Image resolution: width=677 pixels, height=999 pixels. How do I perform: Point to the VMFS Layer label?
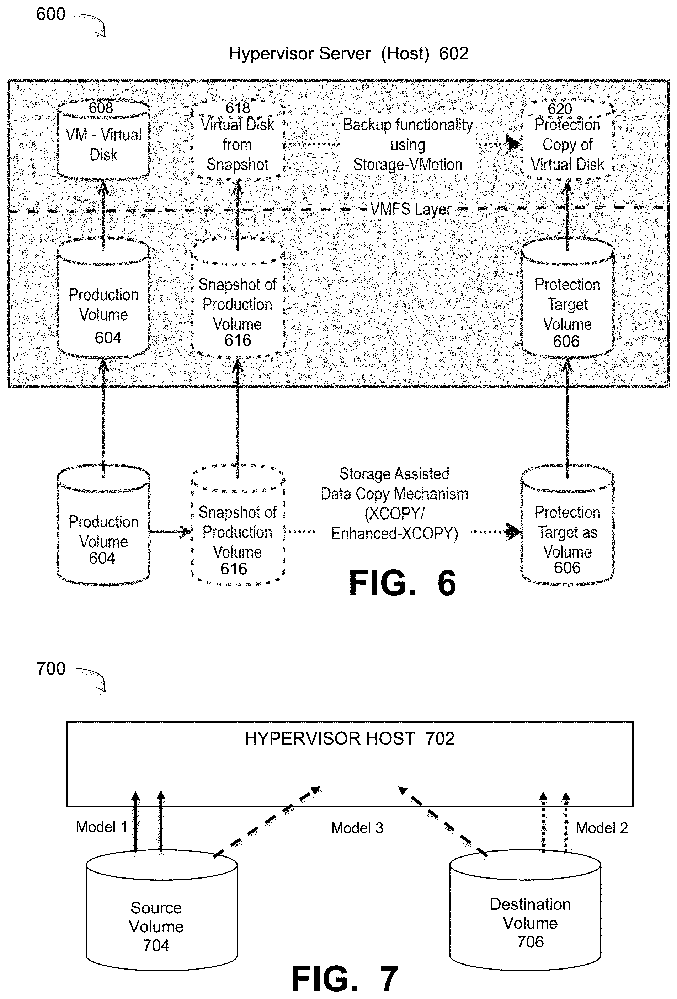[410, 209]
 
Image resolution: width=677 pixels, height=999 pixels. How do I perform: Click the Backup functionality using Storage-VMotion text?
[407, 145]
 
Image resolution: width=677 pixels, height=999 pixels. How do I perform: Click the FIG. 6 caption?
[402, 583]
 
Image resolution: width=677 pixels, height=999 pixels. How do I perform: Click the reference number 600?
[51, 14]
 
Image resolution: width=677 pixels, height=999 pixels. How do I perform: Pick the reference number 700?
[51, 669]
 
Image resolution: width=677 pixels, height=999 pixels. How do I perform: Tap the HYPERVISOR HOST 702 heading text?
[349, 738]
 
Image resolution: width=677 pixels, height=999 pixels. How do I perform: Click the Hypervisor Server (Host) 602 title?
[348, 54]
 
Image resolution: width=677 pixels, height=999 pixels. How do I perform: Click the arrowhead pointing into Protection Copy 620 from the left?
[513, 144]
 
